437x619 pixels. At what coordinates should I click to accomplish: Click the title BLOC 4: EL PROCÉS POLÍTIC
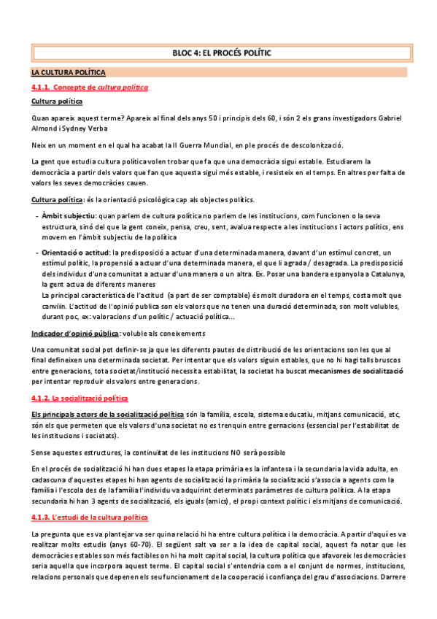tap(222, 53)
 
